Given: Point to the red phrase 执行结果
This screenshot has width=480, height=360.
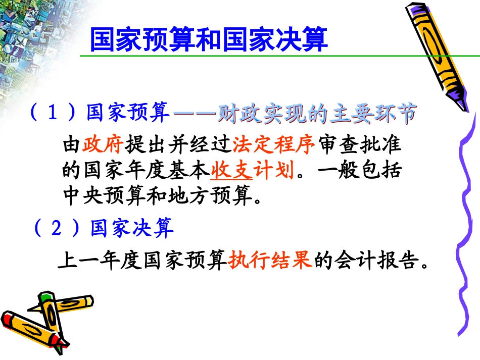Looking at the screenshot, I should pyautogui.click(x=270, y=261).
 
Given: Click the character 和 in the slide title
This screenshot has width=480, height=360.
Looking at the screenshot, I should pyautogui.click(x=208, y=40).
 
